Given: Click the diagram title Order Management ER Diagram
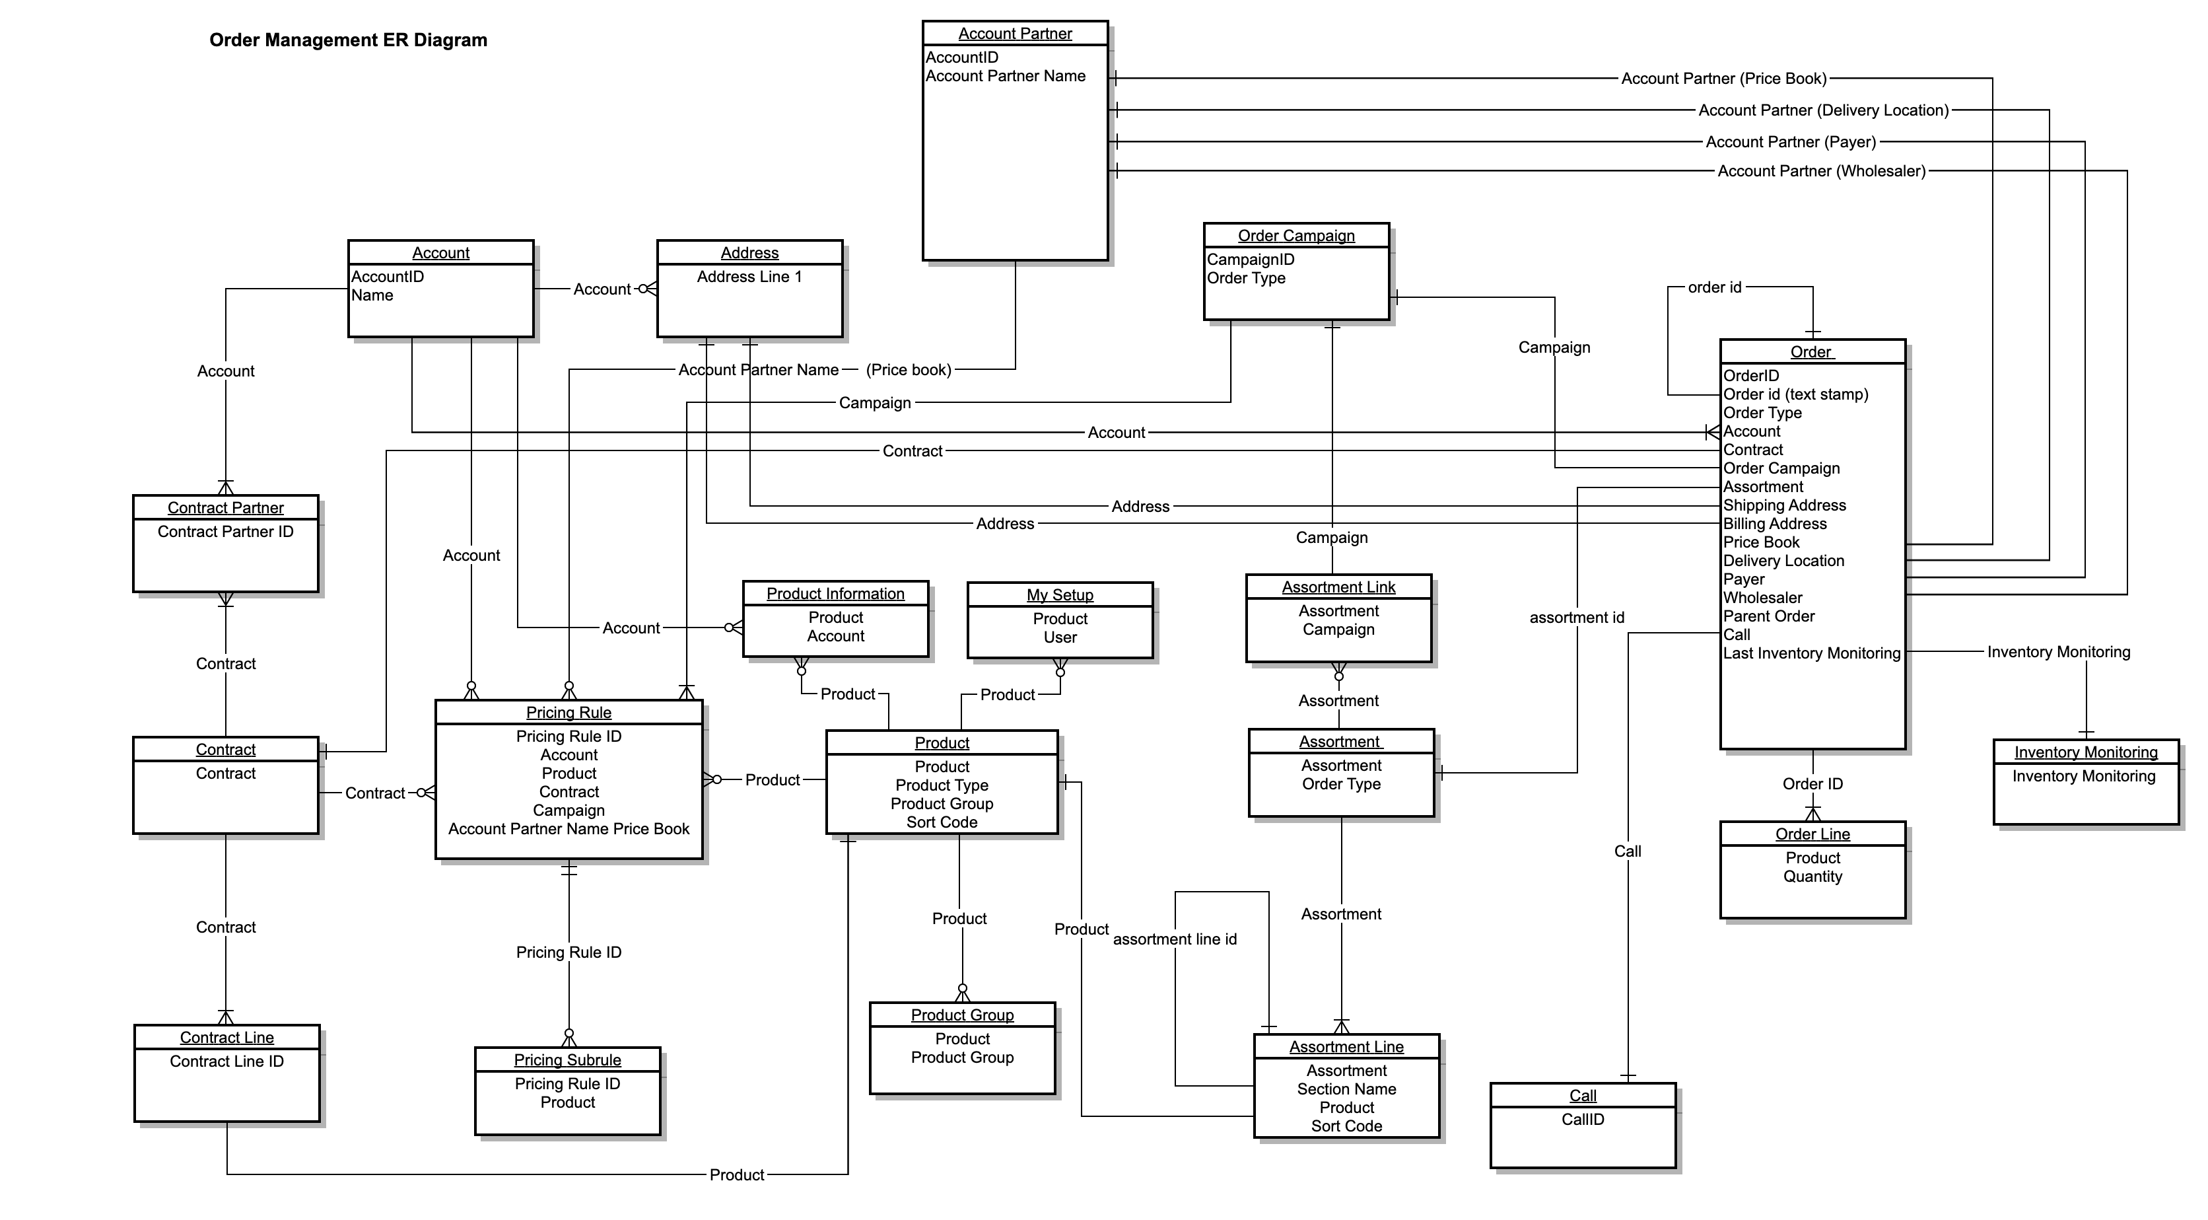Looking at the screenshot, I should tap(348, 40).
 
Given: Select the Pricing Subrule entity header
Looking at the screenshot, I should tap(567, 1059).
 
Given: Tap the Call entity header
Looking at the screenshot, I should tap(1582, 1096).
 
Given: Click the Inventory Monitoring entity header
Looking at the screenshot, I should tap(2085, 752).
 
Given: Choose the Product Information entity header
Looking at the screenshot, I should tap(835, 593).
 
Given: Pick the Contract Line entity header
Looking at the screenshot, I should tap(226, 1038).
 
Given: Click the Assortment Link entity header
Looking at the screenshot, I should tap(1338, 587).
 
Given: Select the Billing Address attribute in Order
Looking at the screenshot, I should tap(1774, 524).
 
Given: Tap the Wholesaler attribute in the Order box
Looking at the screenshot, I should tap(1762, 598).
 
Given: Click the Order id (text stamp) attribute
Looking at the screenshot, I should tap(1795, 394).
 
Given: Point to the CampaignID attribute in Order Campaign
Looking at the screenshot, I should tap(1251, 260).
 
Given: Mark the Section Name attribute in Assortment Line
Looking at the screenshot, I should tap(1346, 1089).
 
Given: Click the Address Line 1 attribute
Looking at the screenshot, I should tap(749, 277).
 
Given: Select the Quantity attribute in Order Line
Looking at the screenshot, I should tap(1812, 877).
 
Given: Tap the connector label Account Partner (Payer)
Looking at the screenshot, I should tap(1791, 142).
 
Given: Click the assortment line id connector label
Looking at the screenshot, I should tap(1174, 940).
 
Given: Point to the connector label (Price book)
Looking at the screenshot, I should tap(908, 369).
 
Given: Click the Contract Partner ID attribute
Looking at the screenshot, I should tap(225, 532).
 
